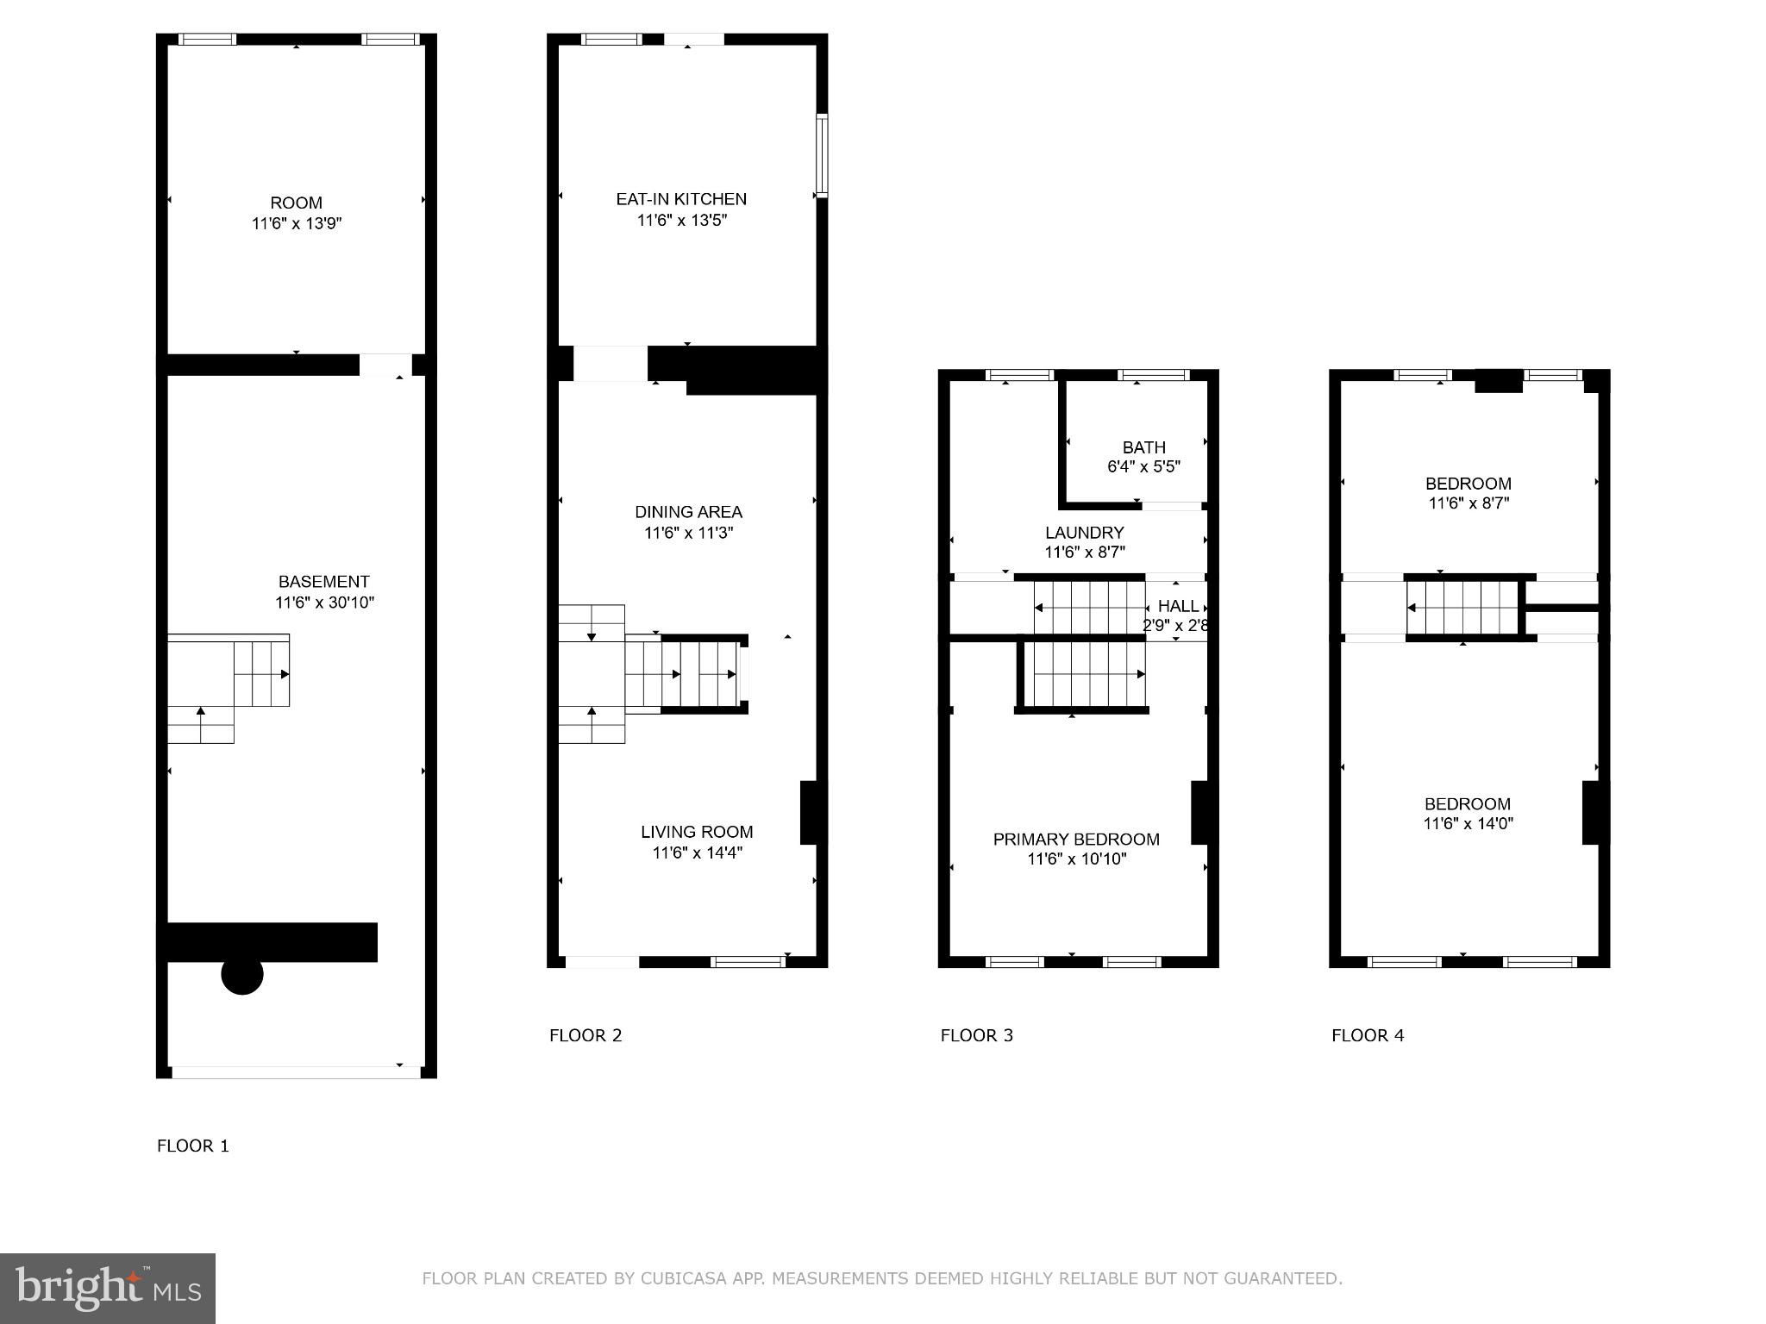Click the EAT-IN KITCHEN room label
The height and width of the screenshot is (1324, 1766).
[681, 199]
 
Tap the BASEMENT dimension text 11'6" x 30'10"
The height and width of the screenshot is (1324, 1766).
[324, 603]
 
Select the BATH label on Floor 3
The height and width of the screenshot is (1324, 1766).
[1143, 447]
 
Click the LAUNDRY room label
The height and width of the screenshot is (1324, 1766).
[1084, 533]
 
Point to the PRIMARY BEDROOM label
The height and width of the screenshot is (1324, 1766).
[1076, 839]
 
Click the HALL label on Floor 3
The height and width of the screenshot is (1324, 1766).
[1178, 606]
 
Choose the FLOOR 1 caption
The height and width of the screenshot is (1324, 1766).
[193, 1146]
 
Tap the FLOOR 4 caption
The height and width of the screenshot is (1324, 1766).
[1368, 1035]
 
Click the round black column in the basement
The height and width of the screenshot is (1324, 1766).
[242, 974]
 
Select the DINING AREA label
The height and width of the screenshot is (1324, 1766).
[688, 512]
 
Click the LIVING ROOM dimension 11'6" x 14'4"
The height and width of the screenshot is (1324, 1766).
[697, 853]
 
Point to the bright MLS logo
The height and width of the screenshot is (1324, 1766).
[108, 1288]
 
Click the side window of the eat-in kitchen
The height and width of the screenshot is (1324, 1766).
[822, 156]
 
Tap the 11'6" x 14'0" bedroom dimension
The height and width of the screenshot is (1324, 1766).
[1468, 824]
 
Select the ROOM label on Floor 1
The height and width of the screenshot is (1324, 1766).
[297, 203]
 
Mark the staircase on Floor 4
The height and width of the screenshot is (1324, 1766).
[1462, 608]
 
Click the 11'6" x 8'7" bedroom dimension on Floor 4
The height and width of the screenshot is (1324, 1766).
[1468, 503]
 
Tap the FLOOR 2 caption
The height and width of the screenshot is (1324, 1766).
[586, 1035]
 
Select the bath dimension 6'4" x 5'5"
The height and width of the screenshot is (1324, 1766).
[1143, 467]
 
